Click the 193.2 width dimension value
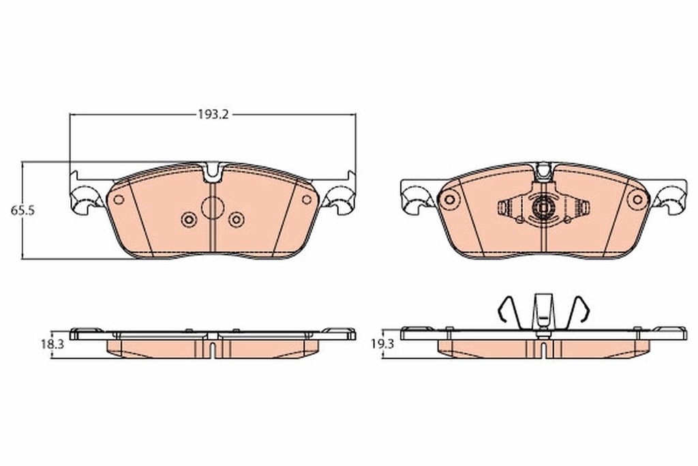212,115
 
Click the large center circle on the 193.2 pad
213,207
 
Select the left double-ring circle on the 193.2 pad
188,219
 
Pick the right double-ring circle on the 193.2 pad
236,219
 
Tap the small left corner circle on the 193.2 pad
118,200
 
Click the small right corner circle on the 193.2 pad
307,200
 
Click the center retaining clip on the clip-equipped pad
543,207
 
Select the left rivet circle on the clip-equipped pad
449,200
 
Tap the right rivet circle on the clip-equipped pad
638,200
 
